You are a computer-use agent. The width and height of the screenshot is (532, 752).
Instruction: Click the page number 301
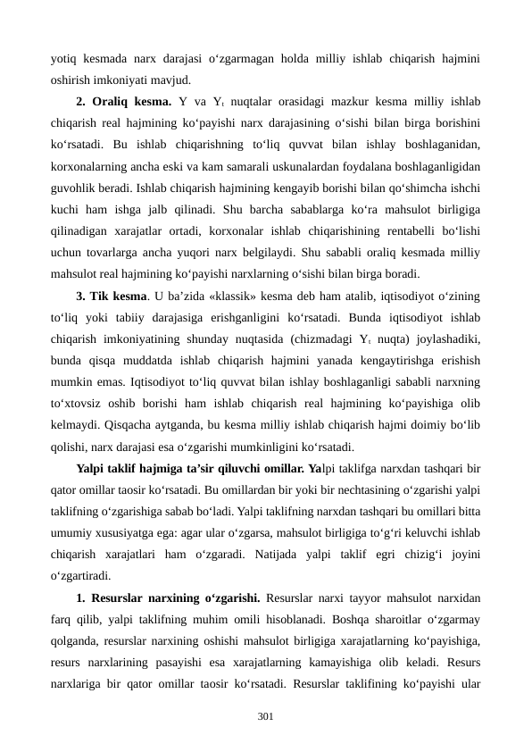point(266,716)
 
